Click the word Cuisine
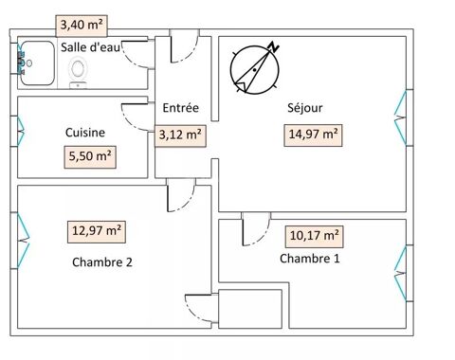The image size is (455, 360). click(85, 133)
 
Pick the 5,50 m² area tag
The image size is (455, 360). click(90, 154)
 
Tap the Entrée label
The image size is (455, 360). click(179, 108)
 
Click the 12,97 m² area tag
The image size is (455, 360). click(97, 229)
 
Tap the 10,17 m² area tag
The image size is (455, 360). click(314, 234)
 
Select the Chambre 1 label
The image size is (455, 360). click(309, 258)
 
